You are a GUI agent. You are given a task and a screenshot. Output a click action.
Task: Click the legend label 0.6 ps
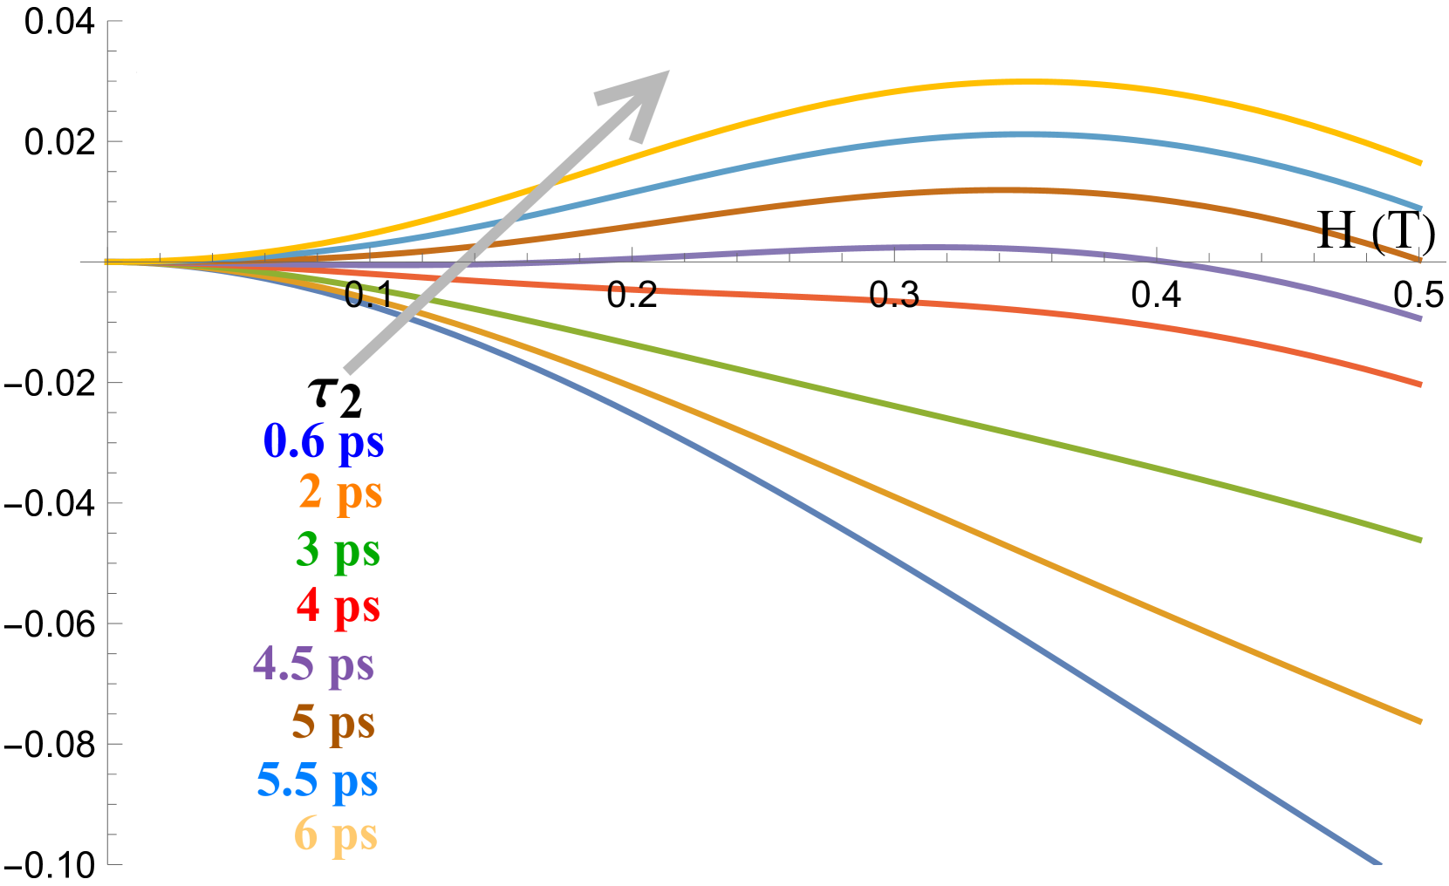(324, 441)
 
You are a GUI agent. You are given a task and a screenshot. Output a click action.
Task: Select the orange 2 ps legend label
(340, 493)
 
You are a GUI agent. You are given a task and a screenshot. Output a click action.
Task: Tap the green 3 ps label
(338, 550)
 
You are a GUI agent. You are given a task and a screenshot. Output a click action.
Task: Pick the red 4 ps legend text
(338, 606)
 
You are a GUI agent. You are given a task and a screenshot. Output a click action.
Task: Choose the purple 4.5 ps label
(314, 664)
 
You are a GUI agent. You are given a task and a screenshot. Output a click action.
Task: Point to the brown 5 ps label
(333, 723)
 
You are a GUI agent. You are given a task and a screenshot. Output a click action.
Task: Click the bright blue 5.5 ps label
(318, 780)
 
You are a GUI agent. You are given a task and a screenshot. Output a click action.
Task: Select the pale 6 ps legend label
(336, 835)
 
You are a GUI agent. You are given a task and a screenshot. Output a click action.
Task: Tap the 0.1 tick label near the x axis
(367, 295)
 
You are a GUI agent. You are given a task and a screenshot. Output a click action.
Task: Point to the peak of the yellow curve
(1038, 82)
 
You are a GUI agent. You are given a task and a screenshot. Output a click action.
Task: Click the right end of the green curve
(1420, 540)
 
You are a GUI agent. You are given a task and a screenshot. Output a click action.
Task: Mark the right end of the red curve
(1420, 384)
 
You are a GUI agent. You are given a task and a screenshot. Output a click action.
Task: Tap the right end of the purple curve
(1420, 318)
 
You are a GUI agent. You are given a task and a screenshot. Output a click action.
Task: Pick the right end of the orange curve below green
(1420, 721)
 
